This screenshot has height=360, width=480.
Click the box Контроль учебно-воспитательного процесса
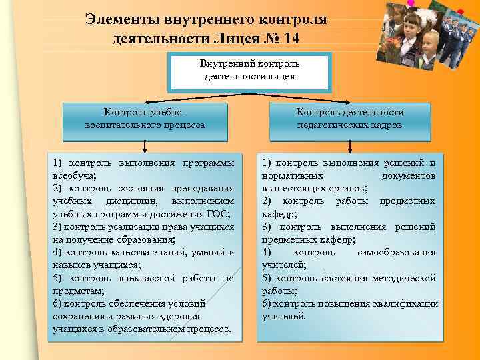click(145, 119)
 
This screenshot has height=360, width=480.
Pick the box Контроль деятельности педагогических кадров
click(349, 119)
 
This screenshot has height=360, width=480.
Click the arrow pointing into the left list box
click(145, 148)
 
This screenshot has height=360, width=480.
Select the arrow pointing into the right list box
click(349, 148)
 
